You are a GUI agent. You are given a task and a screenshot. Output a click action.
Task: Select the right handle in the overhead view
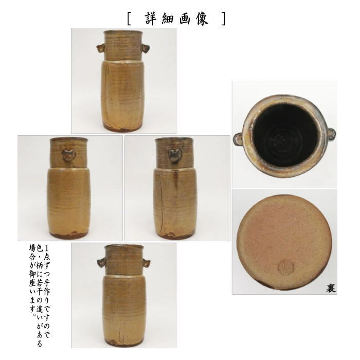point(331,134)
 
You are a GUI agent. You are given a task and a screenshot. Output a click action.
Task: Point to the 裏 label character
point(330,287)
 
